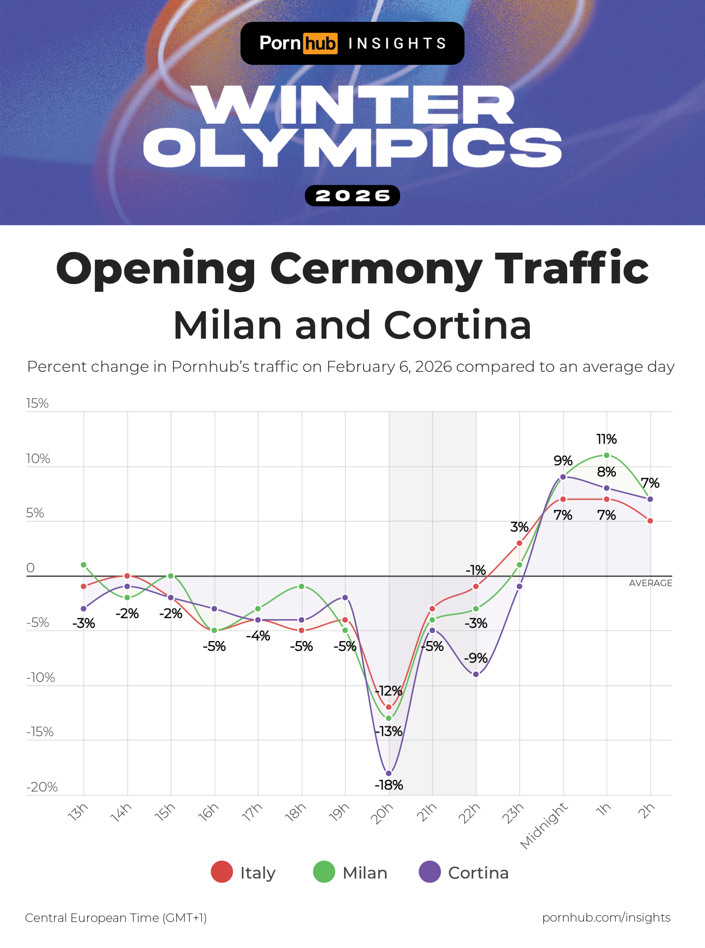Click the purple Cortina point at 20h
pyautogui.click(x=388, y=773)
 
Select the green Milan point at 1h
pyautogui.click(x=606, y=455)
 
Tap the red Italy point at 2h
pyautogui.click(x=650, y=521)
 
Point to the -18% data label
pyautogui.click(x=388, y=785)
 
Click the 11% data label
pyautogui.click(x=606, y=439)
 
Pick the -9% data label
pyautogui.click(x=475, y=658)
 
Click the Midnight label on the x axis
pyautogui.click(x=544, y=825)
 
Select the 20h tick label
pyautogui.click(x=382, y=814)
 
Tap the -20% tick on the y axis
pyautogui.click(x=42, y=787)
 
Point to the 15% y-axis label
pyautogui.click(x=37, y=403)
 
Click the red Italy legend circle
pyautogui.click(x=222, y=872)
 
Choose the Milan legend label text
pyautogui.click(x=365, y=873)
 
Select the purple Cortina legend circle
pyautogui.click(x=429, y=872)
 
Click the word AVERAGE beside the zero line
pyautogui.click(x=650, y=583)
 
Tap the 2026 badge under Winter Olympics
pyautogui.click(x=352, y=196)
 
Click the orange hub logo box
pyautogui.click(x=320, y=43)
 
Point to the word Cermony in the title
pyautogui.click(x=376, y=269)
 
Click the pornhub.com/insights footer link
pyautogui.click(x=606, y=917)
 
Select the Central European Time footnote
pyautogui.click(x=116, y=918)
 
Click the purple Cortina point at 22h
pyautogui.click(x=476, y=674)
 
